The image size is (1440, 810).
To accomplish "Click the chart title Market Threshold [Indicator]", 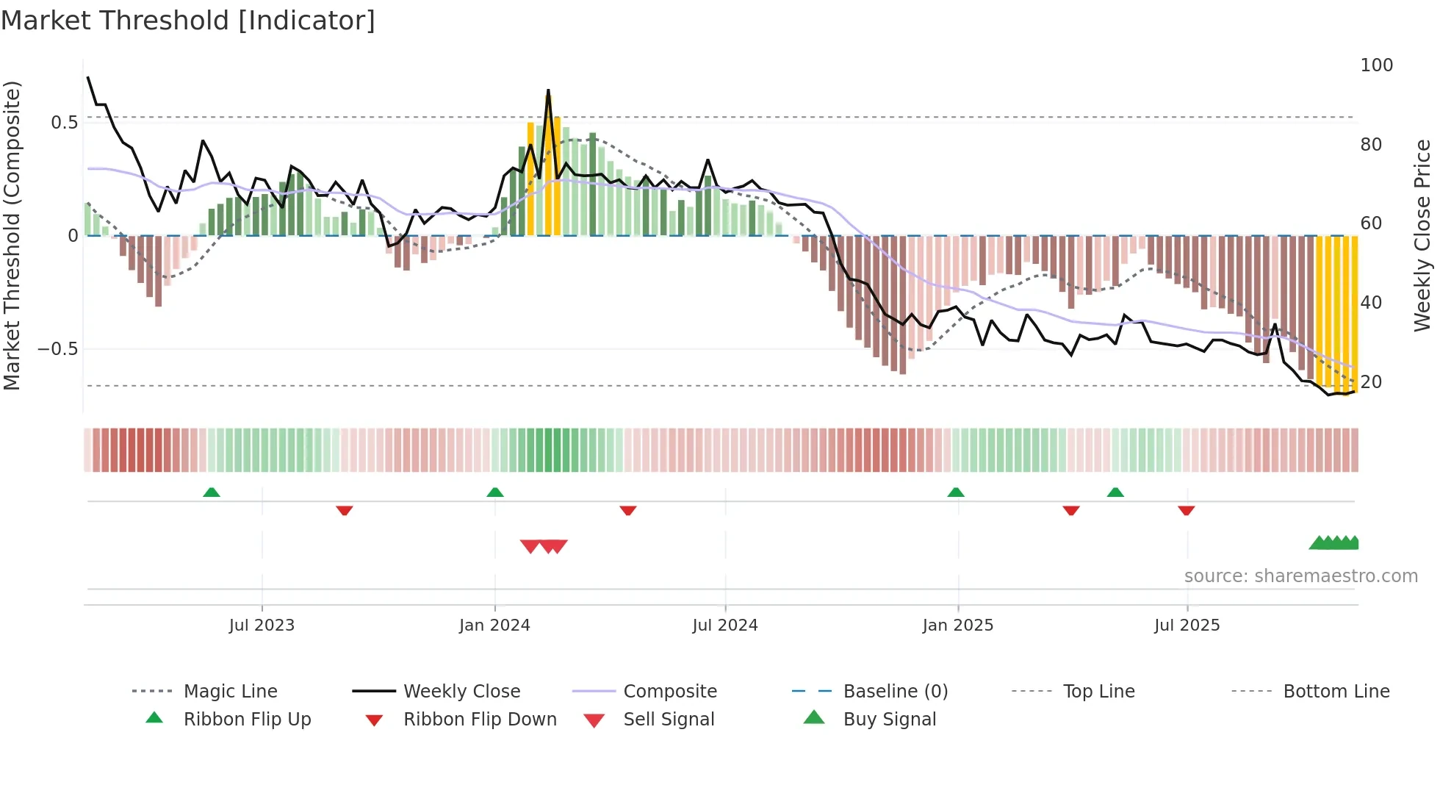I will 188,21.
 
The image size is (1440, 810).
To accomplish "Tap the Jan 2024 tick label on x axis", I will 494,626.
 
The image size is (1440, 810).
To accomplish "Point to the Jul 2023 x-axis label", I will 262,626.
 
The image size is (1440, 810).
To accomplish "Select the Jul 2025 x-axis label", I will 1187,626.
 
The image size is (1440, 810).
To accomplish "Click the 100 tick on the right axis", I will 1376,65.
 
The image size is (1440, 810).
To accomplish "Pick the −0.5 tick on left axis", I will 58,349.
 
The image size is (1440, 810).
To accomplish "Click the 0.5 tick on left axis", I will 65,123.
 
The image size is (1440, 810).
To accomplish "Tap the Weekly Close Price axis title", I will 1422,235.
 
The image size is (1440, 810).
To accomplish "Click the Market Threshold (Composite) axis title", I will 12,235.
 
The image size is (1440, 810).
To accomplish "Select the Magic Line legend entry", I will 230,692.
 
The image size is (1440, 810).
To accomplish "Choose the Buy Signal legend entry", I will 889,720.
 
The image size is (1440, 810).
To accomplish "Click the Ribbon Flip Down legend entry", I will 479,720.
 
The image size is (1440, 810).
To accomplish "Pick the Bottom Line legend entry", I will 1336,692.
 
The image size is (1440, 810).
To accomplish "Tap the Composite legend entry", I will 669,692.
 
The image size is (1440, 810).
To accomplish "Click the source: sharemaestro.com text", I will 1300,576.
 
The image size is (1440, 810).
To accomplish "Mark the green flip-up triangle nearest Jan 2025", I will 956,492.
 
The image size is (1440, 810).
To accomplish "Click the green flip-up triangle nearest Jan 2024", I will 495,492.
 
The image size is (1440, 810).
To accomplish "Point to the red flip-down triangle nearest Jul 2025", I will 1187,510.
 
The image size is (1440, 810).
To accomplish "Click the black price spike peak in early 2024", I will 548,92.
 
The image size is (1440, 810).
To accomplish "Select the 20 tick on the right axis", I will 1371,382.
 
